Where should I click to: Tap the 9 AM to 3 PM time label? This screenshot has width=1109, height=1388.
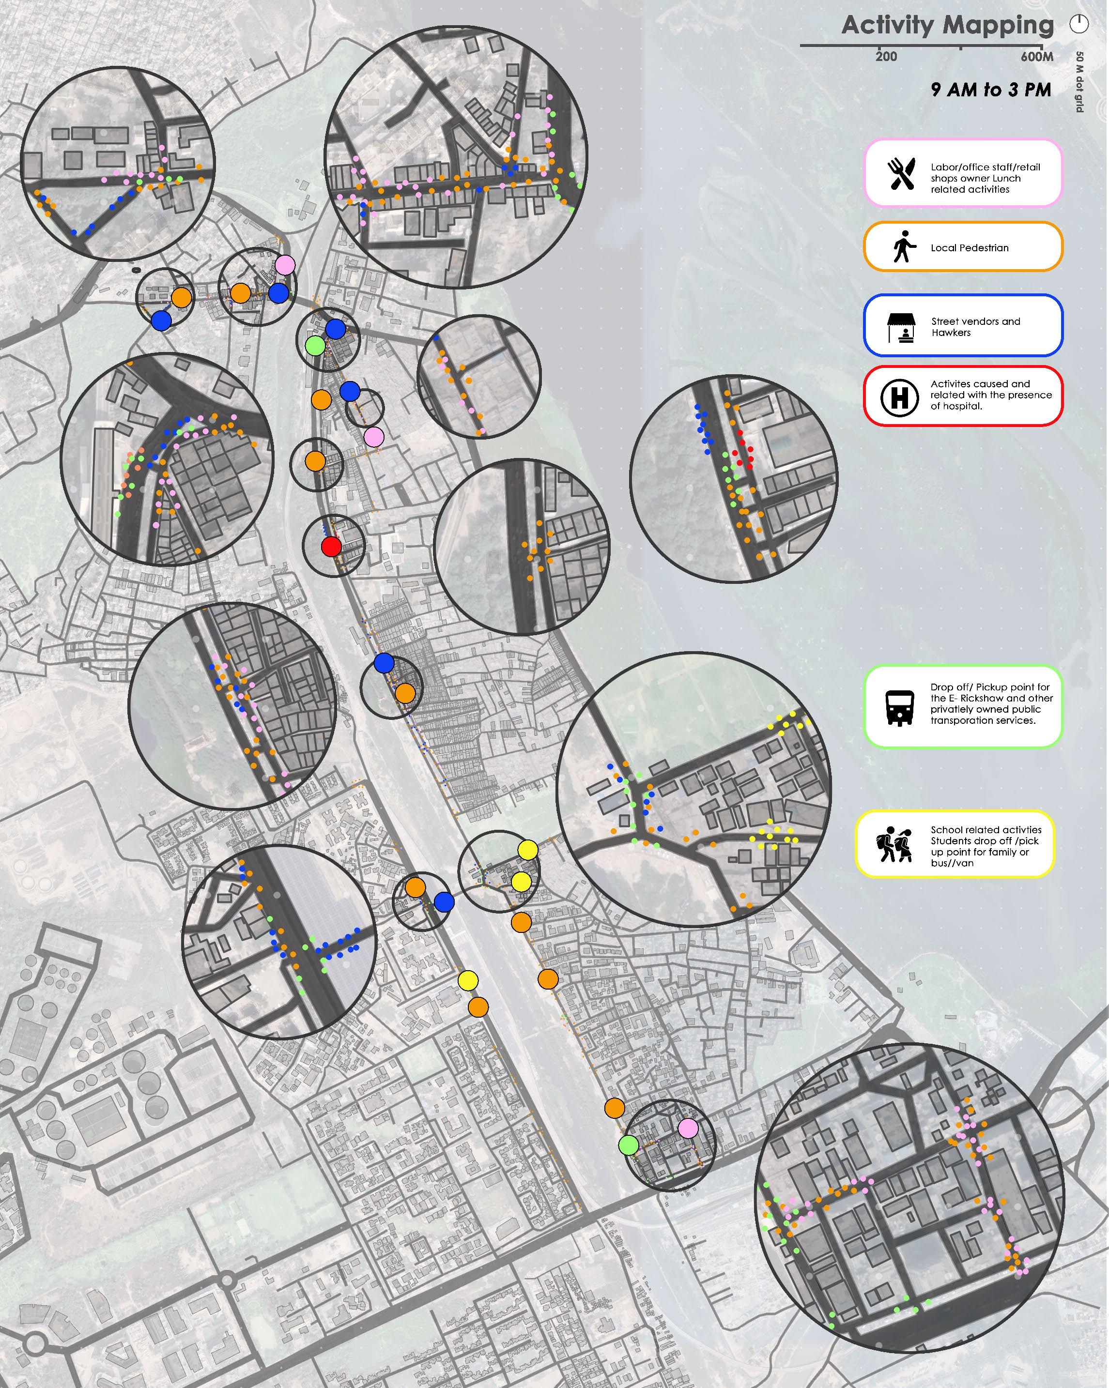pyautogui.click(x=990, y=90)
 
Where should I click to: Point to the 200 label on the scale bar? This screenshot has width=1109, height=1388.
pyautogui.click(x=886, y=57)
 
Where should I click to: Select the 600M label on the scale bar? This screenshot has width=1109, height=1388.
pyautogui.click(x=1036, y=57)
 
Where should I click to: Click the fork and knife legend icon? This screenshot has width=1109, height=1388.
pyautogui.click(x=901, y=174)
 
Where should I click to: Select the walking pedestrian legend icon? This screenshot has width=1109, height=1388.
pyautogui.click(x=903, y=247)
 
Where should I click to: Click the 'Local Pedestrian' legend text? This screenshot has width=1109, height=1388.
pyautogui.click(x=969, y=248)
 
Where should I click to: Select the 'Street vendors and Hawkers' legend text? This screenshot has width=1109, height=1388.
pyautogui.click(x=975, y=327)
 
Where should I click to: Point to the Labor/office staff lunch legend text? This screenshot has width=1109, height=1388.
pyautogui.click(x=985, y=178)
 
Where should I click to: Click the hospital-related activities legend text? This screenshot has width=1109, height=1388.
pyautogui.click(x=990, y=395)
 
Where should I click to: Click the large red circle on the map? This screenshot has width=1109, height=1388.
pyautogui.click(x=331, y=547)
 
